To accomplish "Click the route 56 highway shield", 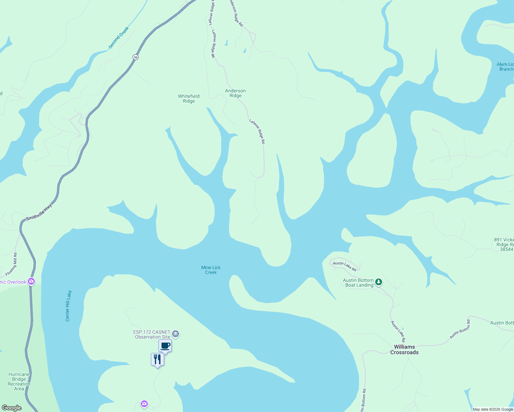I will point(136,57).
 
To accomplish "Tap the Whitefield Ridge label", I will point(189,99).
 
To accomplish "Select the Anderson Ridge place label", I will point(235,93).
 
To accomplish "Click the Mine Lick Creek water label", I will point(211,270).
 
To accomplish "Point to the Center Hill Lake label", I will point(68,306).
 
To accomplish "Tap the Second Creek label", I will point(118,38).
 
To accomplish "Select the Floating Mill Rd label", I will point(11,264).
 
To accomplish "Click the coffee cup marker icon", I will point(165,346).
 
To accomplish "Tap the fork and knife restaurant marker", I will point(157,359).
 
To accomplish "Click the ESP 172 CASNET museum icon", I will point(176,334).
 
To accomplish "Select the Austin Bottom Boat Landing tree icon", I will point(379,282).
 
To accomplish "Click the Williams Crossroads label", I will point(404,350).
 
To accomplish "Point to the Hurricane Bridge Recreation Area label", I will point(19,381).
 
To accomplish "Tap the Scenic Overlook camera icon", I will point(32,282).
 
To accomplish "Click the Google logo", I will point(12,408).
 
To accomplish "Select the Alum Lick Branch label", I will point(505,67).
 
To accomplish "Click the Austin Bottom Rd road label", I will point(460,329).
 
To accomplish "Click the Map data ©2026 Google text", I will point(493,409).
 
